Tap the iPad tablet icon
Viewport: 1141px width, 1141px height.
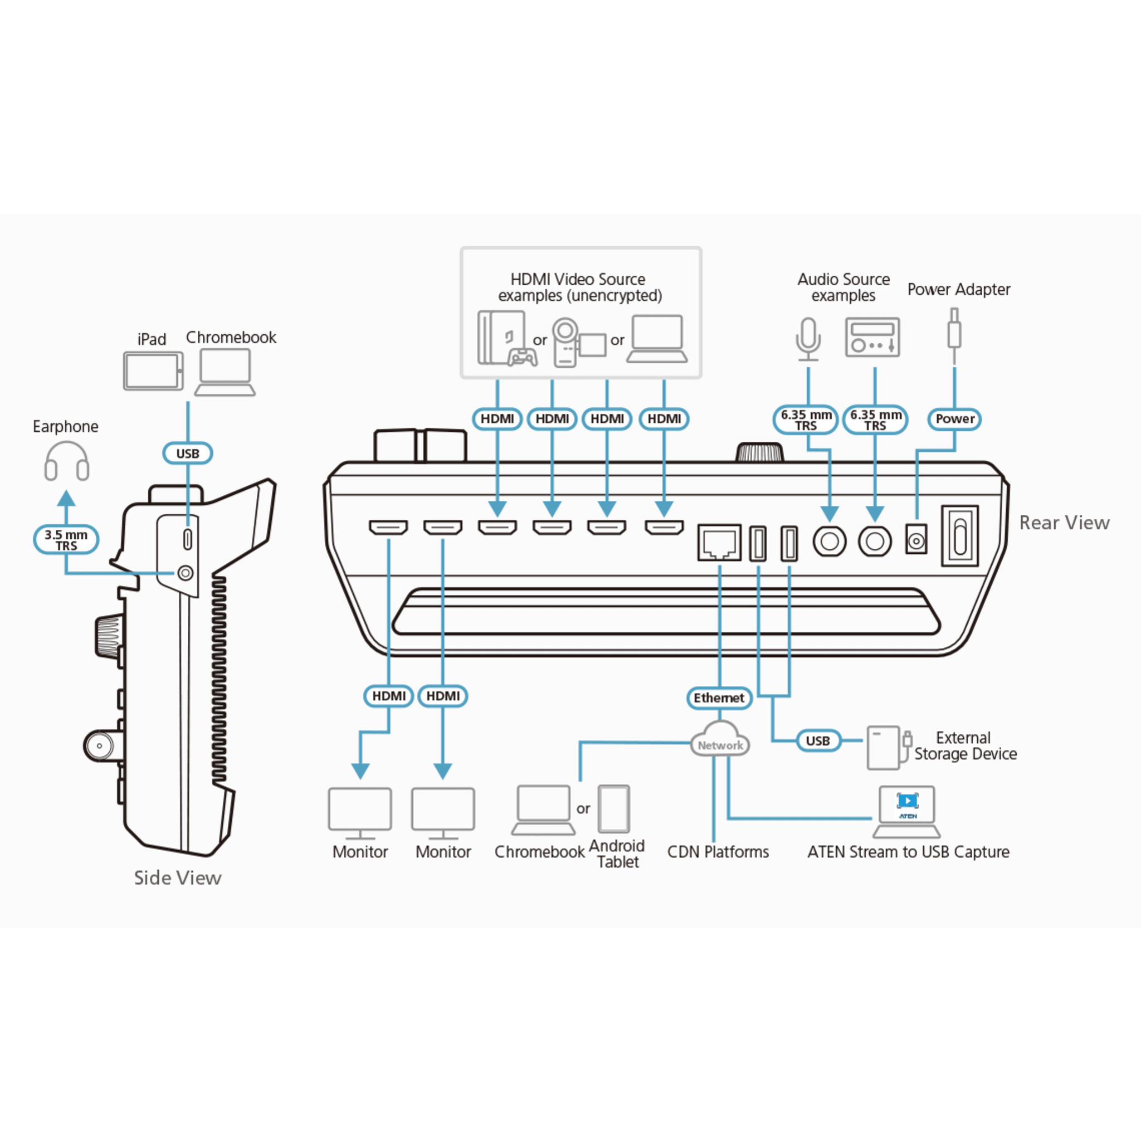pyautogui.click(x=153, y=371)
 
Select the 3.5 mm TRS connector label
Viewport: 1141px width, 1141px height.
pyautogui.click(x=66, y=540)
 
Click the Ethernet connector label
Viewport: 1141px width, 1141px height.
pyautogui.click(x=719, y=698)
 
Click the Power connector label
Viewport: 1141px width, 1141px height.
pyautogui.click(x=954, y=419)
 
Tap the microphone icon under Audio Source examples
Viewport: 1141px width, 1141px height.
pyautogui.click(x=808, y=339)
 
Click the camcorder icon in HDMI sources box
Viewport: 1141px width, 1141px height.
pyautogui.click(x=579, y=343)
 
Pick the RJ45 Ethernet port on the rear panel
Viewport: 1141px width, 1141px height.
pyautogui.click(x=719, y=542)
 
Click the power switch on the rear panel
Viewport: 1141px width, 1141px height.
pyautogui.click(x=960, y=535)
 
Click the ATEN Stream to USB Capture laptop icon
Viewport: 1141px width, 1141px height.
pyautogui.click(x=906, y=811)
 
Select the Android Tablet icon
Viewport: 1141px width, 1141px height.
pyautogui.click(x=613, y=808)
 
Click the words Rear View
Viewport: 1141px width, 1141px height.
pyautogui.click(x=1064, y=523)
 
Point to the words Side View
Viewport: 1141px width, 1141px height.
pyautogui.click(x=178, y=877)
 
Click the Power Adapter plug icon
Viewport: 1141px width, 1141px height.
pyautogui.click(x=954, y=337)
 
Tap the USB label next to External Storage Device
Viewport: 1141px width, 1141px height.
pyautogui.click(x=818, y=740)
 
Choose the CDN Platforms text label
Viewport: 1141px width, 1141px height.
pyautogui.click(x=718, y=852)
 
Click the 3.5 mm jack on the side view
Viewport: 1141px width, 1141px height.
pyautogui.click(x=186, y=573)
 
